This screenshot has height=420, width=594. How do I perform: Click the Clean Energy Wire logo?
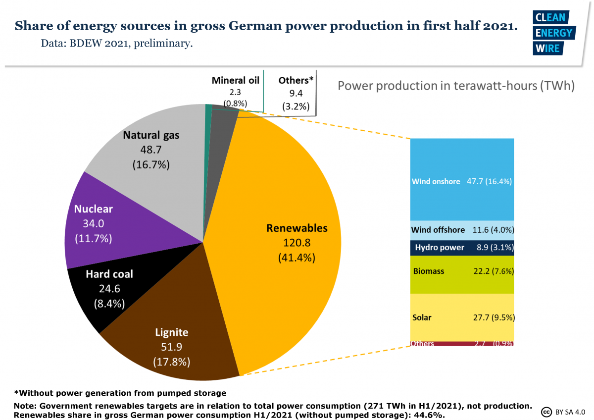[553, 32]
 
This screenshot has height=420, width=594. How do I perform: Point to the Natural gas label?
[151, 135]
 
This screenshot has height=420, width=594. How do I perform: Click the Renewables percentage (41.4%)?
[297, 258]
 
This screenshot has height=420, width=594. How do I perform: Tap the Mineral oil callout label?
[235, 80]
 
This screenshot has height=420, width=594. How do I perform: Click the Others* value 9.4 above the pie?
[296, 93]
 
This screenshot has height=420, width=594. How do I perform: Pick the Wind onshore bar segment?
[462, 163]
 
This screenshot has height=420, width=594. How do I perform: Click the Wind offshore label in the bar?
[438, 230]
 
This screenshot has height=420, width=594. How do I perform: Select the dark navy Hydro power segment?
[462, 248]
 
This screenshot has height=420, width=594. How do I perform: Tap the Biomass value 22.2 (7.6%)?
[490, 271]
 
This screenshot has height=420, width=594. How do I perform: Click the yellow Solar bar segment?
[462, 307]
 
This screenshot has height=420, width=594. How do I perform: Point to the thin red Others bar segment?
[462, 344]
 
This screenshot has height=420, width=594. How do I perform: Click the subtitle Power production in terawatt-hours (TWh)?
[455, 86]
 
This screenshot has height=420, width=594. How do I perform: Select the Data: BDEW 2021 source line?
[116, 44]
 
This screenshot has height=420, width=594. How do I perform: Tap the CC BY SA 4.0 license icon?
[547, 412]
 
